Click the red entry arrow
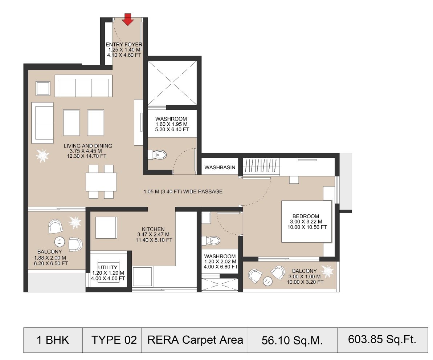(127, 20)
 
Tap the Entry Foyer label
(124, 45)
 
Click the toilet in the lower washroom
(212, 240)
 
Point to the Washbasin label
(220, 167)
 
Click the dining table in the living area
(101, 182)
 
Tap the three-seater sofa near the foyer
(83, 86)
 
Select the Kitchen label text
(153, 229)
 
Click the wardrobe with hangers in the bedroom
(261, 166)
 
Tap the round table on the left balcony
(60, 242)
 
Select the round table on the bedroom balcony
(268, 280)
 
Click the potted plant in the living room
(42, 156)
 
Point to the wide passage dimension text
(183, 191)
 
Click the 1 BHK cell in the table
(53, 340)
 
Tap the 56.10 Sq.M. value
(292, 340)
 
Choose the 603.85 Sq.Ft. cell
(382, 340)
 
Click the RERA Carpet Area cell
(195, 340)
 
